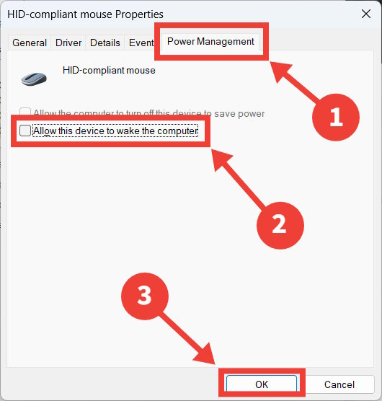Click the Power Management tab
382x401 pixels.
pyautogui.click(x=210, y=41)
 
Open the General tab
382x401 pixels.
pyautogui.click(x=30, y=43)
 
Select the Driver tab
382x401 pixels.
pyautogui.click(x=68, y=43)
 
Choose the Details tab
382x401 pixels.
pyautogui.click(x=105, y=43)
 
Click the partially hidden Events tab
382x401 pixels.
pyautogui.click(x=141, y=43)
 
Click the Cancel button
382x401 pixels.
pyautogui.click(x=339, y=384)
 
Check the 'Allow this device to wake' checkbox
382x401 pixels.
pyautogui.click(x=26, y=131)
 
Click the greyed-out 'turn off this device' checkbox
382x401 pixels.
pyautogui.click(x=26, y=113)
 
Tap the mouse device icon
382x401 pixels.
pyautogui.click(x=36, y=78)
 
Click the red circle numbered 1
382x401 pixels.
pyautogui.click(x=336, y=116)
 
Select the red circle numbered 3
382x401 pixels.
pyautogui.click(x=144, y=295)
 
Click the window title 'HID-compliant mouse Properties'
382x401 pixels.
pyautogui.click(x=85, y=14)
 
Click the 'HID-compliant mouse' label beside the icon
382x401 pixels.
pyautogui.click(x=110, y=71)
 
